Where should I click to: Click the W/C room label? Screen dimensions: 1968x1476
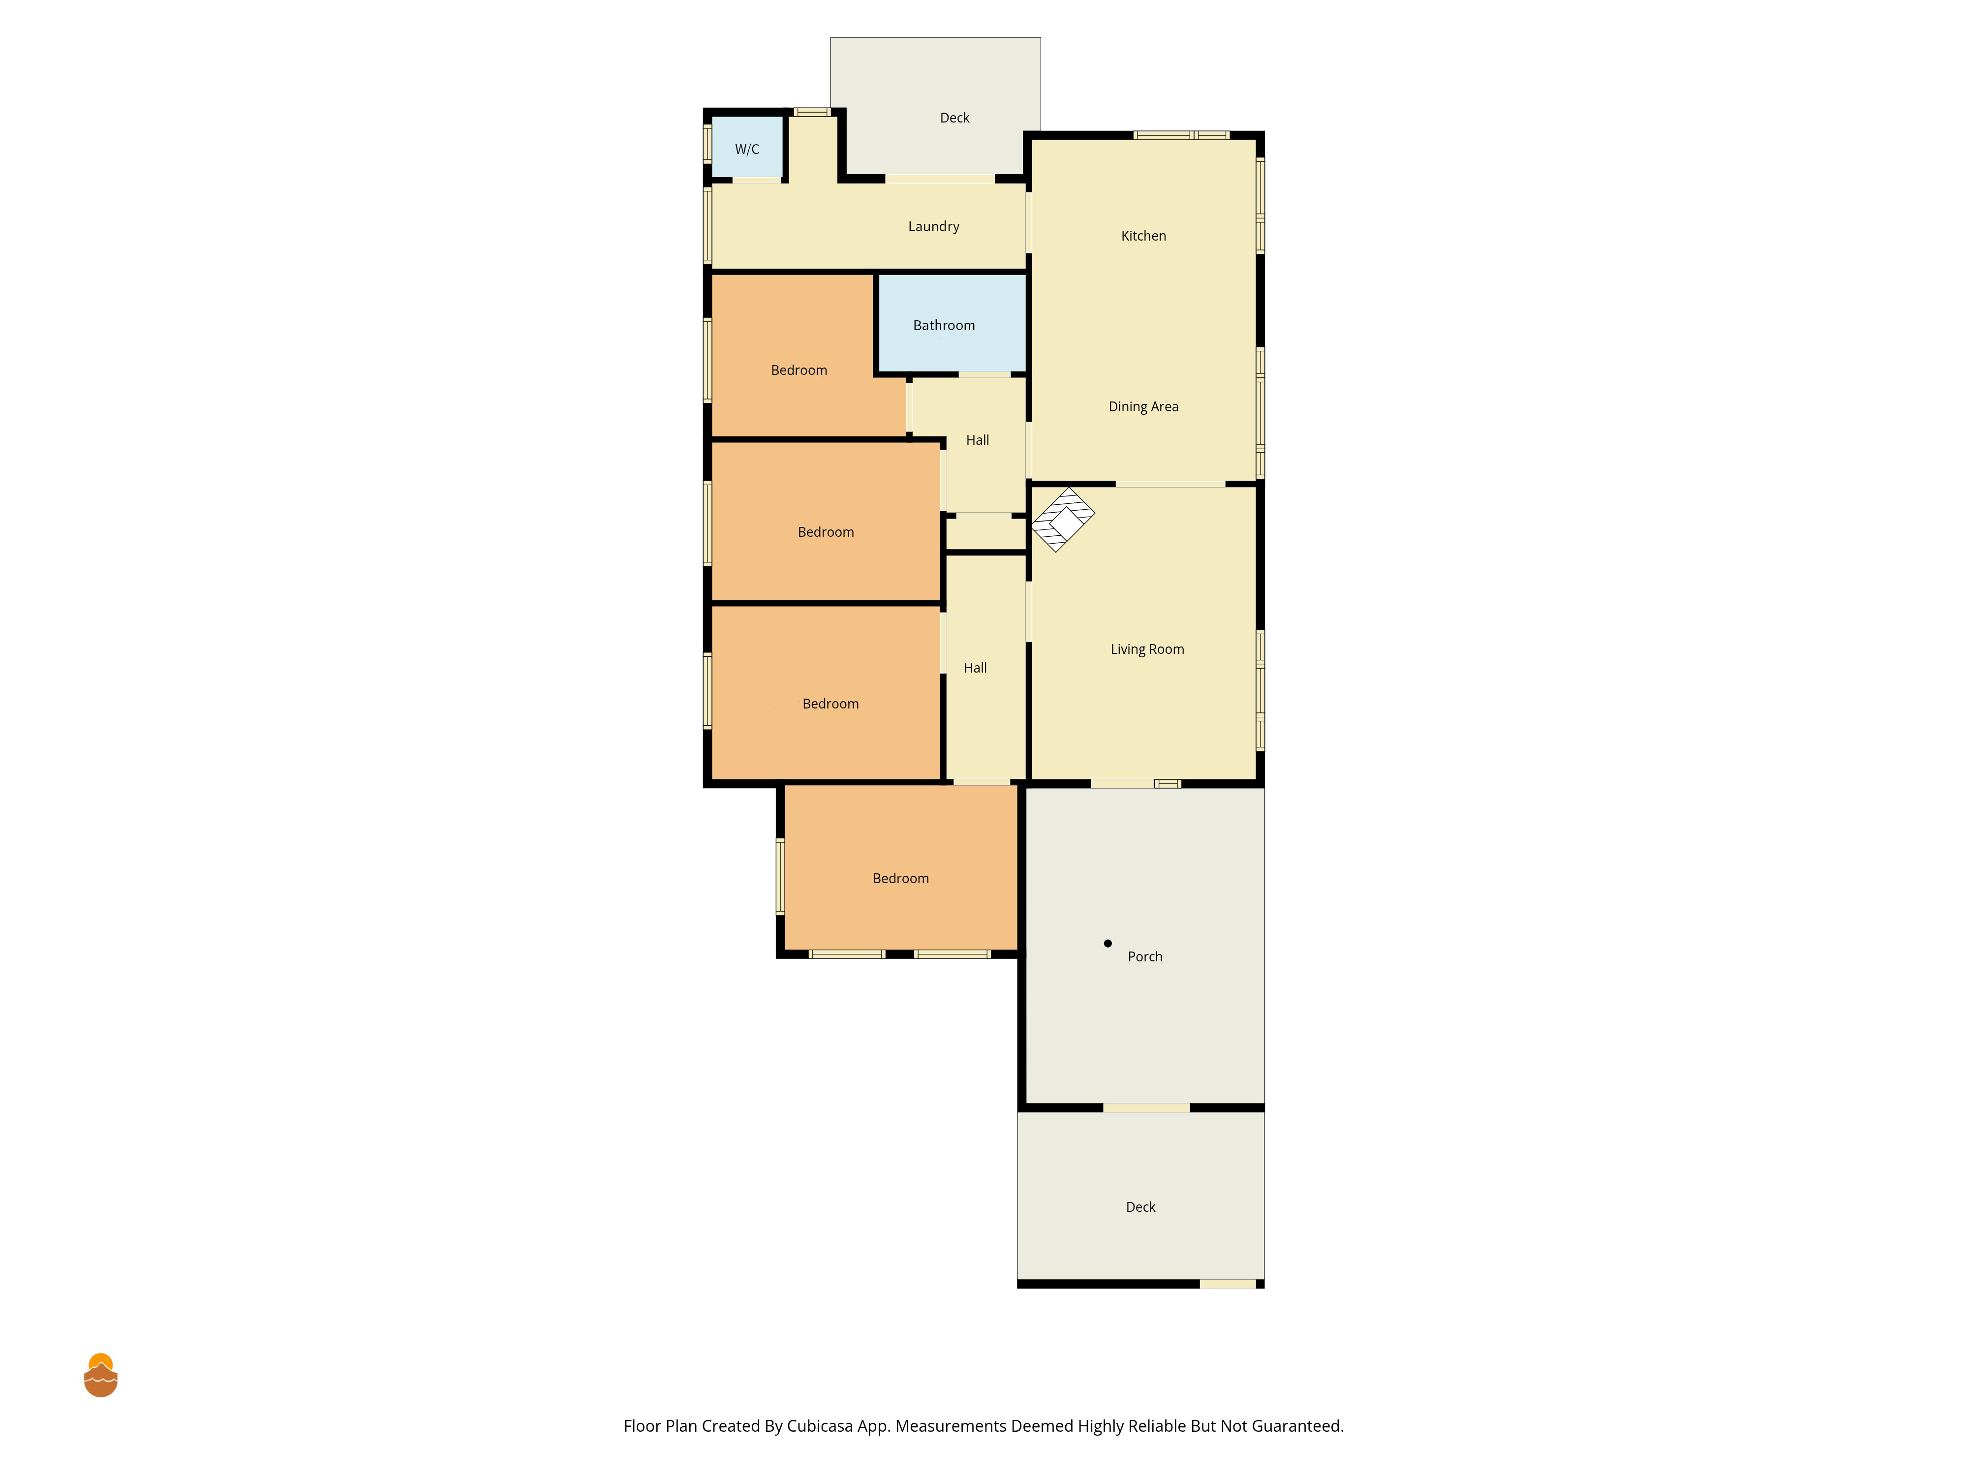point(746,150)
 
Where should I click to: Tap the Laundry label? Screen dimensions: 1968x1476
point(933,227)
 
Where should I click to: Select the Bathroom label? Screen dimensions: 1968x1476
point(944,326)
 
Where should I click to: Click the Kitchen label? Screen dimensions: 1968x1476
point(1143,236)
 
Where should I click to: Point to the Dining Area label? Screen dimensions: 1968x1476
point(1143,406)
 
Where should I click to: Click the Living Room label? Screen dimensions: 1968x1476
point(1147,649)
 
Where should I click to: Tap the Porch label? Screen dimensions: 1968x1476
point(1145,956)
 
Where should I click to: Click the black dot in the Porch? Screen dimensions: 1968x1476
point(1107,943)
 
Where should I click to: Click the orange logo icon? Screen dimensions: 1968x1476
point(100,1376)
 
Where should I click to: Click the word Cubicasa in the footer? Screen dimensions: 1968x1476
point(819,1426)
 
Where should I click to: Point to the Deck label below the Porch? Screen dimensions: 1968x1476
point(1140,1207)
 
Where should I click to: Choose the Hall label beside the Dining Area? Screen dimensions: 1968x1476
point(978,440)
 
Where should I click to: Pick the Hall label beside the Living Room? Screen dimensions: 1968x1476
point(975,668)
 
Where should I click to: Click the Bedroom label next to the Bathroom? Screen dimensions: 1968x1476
point(799,370)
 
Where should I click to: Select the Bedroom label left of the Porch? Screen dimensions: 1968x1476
point(900,878)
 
